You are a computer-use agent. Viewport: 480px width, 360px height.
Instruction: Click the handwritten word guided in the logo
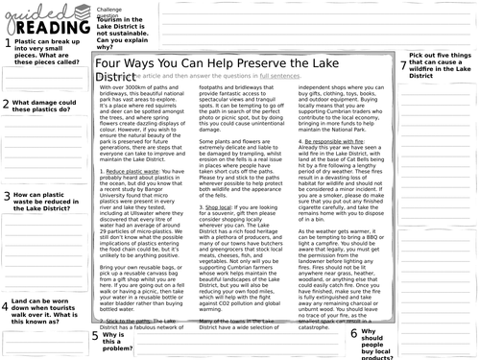click(x=30, y=10)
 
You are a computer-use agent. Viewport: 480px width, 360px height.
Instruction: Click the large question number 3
click(x=6, y=198)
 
